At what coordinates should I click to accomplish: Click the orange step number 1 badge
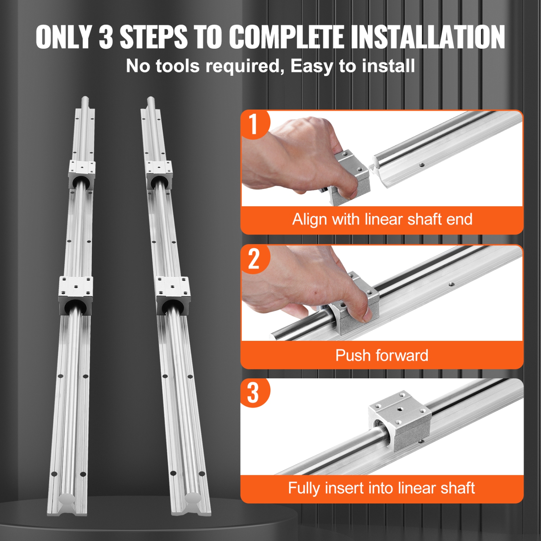[255, 124]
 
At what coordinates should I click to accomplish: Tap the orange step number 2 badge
[254, 259]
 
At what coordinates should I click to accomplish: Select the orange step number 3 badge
[254, 392]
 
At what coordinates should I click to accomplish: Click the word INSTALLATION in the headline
[428, 37]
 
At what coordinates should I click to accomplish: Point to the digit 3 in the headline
[106, 37]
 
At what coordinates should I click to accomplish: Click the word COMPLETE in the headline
[286, 37]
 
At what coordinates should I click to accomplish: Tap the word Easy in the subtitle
[312, 66]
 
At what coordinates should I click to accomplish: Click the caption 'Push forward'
[382, 356]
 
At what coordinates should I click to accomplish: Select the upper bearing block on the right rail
[159, 175]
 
